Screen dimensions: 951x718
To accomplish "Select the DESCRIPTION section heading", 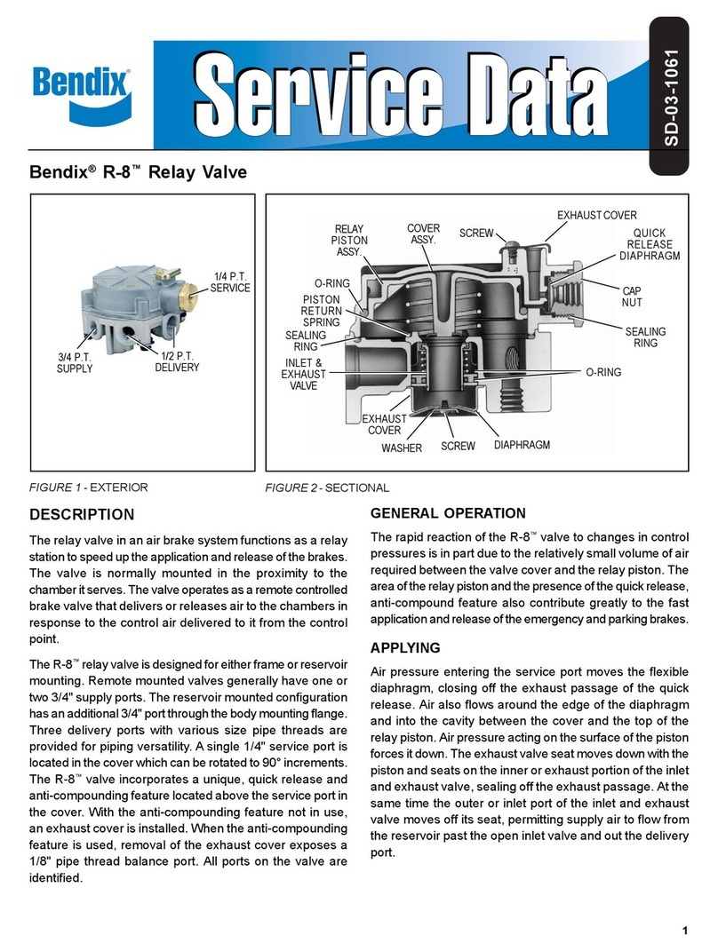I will tap(82, 514).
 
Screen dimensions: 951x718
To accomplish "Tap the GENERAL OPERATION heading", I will tap(447, 512).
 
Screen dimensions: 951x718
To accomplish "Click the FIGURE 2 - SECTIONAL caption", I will tap(328, 487).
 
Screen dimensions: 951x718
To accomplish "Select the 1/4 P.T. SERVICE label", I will tap(229, 281).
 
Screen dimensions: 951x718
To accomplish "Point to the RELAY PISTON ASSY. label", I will tap(347, 240).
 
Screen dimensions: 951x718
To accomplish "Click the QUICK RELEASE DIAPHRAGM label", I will tap(649, 244).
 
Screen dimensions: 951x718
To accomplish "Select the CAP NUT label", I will tap(631, 297).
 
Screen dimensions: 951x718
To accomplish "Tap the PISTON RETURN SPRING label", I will tap(320, 311).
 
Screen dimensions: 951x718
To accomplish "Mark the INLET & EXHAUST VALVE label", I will tap(304, 374).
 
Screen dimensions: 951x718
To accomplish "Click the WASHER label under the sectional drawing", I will tap(401, 448).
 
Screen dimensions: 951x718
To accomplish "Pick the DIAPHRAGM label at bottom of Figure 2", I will tap(522, 445).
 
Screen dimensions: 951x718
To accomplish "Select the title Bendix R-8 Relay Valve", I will tap(138, 173).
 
